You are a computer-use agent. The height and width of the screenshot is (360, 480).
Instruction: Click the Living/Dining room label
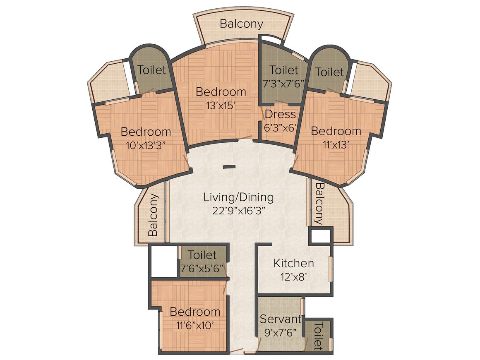click(239, 197)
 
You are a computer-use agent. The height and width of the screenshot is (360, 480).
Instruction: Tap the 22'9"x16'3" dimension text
click(239, 211)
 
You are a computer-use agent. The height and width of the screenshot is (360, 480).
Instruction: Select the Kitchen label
click(293, 263)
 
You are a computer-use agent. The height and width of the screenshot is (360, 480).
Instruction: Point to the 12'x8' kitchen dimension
click(293, 277)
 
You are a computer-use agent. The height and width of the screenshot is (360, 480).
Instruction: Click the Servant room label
click(280, 319)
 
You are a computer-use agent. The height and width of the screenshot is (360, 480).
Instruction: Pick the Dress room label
click(281, 114)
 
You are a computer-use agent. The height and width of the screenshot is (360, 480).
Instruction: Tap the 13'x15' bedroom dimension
click(221, 106)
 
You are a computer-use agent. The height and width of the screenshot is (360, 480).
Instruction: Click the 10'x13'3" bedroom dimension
click(146, 145)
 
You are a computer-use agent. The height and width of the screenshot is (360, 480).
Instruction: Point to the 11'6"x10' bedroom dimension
click(195, 325)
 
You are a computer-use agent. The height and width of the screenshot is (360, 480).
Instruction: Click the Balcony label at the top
click(242, 24)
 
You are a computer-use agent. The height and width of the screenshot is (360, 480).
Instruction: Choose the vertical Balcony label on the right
click(319, 204)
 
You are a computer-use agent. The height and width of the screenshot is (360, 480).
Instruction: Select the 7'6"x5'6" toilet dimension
click(202, 269)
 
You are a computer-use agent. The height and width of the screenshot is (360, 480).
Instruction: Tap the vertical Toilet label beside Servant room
click(318, 336)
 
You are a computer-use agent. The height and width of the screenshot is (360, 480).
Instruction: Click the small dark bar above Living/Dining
click(229, 167)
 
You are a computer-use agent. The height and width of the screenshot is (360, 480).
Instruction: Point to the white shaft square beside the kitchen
click(321, 236)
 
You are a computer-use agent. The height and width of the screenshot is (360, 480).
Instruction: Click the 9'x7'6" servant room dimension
click(280, 333)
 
